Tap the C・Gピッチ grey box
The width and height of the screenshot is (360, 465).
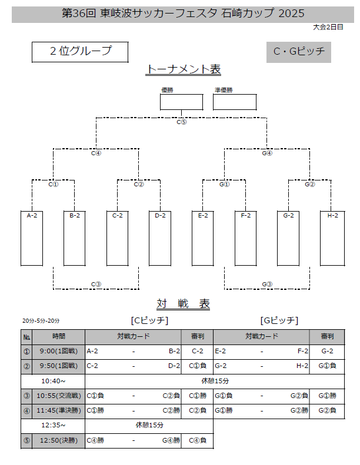[299, 52]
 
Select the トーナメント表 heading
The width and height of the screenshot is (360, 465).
[183, 70]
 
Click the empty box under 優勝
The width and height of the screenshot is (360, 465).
[181, 102]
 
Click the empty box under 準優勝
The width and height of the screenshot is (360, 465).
[234, 102]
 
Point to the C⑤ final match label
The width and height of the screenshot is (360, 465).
[181, 122]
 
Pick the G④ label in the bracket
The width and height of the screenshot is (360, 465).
[266, 153]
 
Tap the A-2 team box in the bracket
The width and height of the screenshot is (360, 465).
[32, 238]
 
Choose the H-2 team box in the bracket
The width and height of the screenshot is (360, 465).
[332, 238]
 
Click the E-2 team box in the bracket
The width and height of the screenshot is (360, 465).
[203, 238]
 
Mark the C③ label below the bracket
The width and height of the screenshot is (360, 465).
[96, 285]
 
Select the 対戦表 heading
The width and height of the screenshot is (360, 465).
[183, 304]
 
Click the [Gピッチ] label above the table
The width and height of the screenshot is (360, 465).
[279, 320]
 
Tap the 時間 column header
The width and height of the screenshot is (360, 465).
[59, 337]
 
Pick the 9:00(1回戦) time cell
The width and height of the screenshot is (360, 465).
[59, 351]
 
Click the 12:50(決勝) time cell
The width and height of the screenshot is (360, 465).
[59, 439]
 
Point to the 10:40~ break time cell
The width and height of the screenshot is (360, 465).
[54, 380]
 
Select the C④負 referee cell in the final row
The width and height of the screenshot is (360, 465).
[197, 439]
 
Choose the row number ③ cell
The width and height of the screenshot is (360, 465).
[26, 395]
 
